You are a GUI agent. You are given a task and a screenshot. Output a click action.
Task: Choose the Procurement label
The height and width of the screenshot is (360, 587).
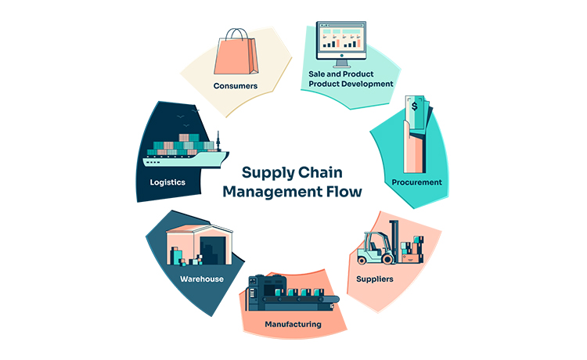coord(417,182)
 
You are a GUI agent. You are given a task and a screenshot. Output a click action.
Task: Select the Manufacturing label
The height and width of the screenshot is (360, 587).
coord(293,323)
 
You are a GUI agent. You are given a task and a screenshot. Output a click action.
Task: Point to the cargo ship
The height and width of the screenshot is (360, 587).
coord(185,153)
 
